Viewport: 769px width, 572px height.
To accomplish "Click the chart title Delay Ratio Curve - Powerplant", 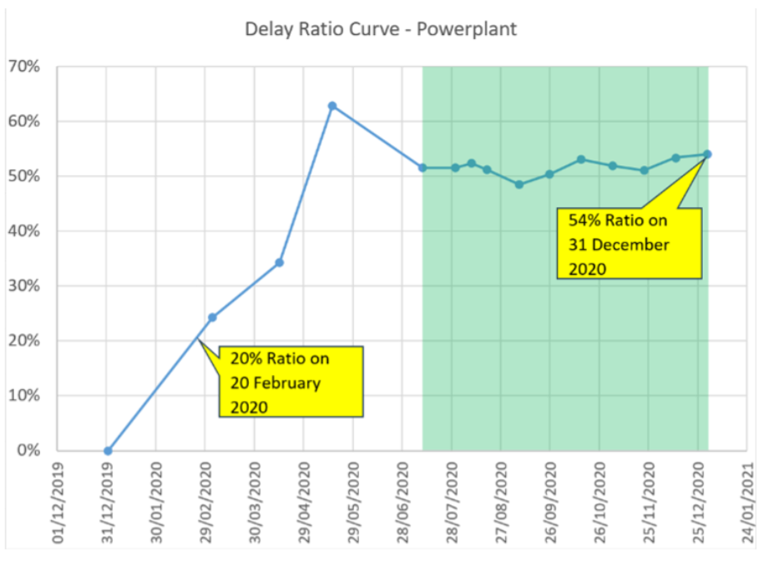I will pyautogui.click(x=381, y=29).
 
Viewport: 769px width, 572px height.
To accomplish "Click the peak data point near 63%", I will pyautogui.click(x=332, y=106).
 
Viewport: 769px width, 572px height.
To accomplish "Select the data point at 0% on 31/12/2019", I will pyautogui.click(x=108, y=451).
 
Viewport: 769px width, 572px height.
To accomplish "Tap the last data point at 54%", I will pyautogui.click(x=707, y=154).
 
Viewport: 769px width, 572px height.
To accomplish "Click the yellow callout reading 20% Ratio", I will pyautogui.click(x=291, y=381).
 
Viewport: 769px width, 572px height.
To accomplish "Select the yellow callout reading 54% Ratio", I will pyautogui.click(x=630, y=243).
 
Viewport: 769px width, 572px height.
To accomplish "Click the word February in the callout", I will pyautogui.click(x=290, y=382).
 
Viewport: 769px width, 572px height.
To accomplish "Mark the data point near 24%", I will pyautogui.click(x=212, y=317).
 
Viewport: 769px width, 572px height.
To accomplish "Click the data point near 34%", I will pyautogui.click(x=280, y=262).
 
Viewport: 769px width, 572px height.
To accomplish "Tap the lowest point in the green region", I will pyautogui.click(x=519, y=184).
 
